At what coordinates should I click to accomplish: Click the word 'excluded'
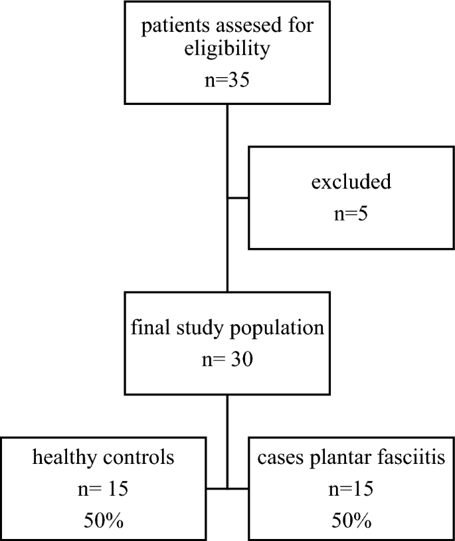[x=351, y=181]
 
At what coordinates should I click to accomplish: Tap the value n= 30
[x=227, y=361]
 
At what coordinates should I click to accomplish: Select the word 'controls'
[x=141, y=458]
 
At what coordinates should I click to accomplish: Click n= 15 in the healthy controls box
[x=103, y=490]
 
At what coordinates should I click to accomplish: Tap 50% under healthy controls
[x=103, y=521]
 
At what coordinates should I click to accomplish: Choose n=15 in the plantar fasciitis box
[x=351, y=490]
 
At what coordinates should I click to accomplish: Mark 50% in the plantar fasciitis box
[x=351, y=521]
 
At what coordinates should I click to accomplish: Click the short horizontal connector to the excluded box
[x=238, y=197]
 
